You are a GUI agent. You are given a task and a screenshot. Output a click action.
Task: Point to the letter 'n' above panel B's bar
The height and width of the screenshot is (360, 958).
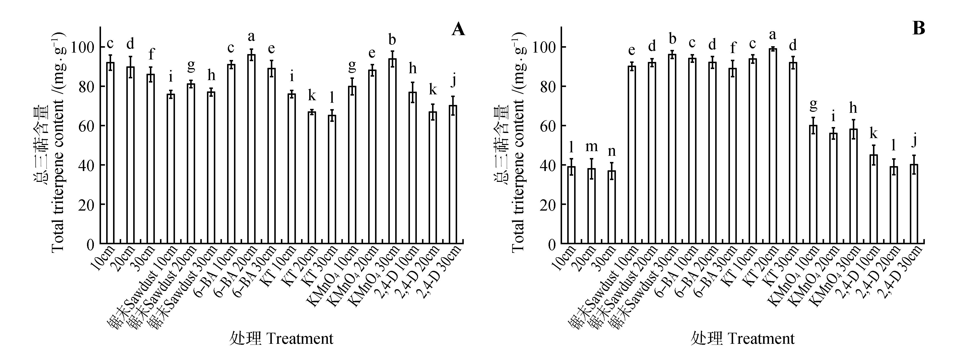click(x=612, y=151)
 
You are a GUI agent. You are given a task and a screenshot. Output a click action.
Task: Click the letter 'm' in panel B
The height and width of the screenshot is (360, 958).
click(x=591, y=146)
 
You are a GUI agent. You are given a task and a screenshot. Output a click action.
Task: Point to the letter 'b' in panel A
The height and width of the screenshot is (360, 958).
click(x=392, y=39)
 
